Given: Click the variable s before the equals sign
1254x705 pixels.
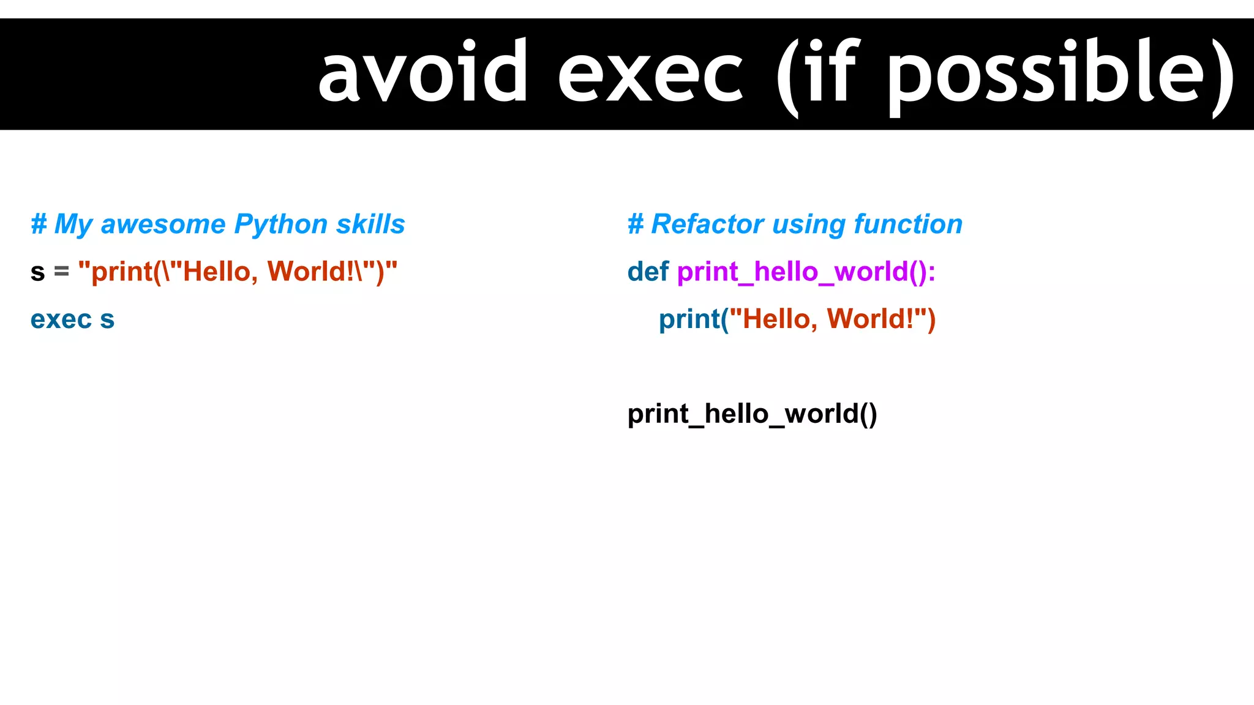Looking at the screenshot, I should coord(38,272).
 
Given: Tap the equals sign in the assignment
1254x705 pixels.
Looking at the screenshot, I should coord(61,271).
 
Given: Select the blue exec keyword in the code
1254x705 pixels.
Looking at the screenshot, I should coord(61,319).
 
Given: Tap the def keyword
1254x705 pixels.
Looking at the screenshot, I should coord(648,272).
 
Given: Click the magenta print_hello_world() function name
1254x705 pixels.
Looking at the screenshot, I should coord(806,272).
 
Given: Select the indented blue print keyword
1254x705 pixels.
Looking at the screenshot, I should coord(689,319).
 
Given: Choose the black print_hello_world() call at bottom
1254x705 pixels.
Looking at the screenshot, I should coord(752,414).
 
